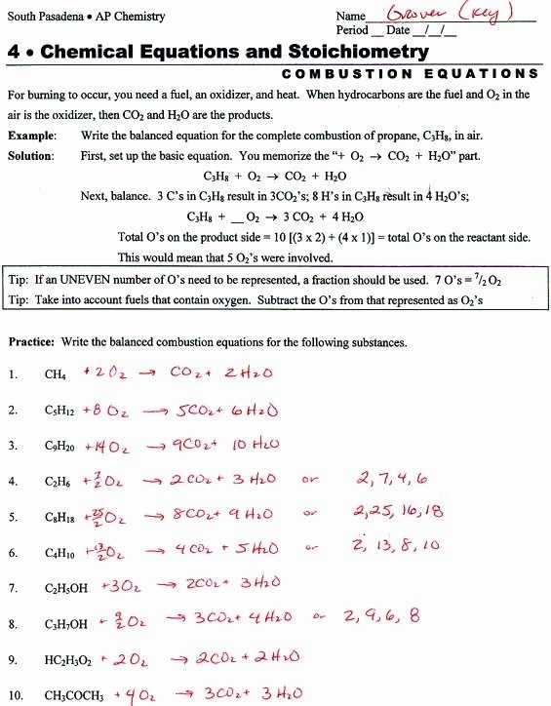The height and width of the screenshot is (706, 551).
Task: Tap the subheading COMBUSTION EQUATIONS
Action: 410,74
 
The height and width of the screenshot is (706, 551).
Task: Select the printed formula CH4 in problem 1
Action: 55,374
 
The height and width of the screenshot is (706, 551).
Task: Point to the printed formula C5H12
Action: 59,411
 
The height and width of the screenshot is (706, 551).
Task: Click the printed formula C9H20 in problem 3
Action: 59,447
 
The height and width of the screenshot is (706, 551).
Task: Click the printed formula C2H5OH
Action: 65,588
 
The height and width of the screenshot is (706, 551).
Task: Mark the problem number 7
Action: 12,588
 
